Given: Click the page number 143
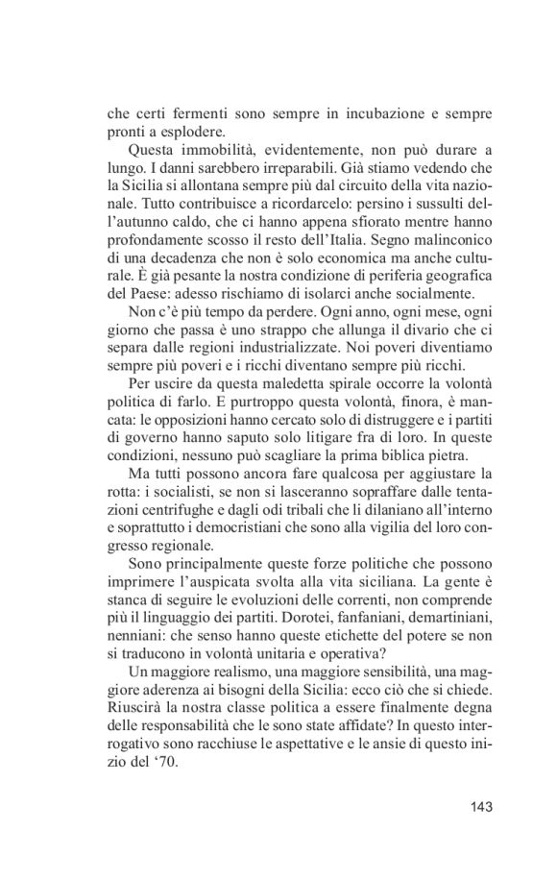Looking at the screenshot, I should pos(475,805).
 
